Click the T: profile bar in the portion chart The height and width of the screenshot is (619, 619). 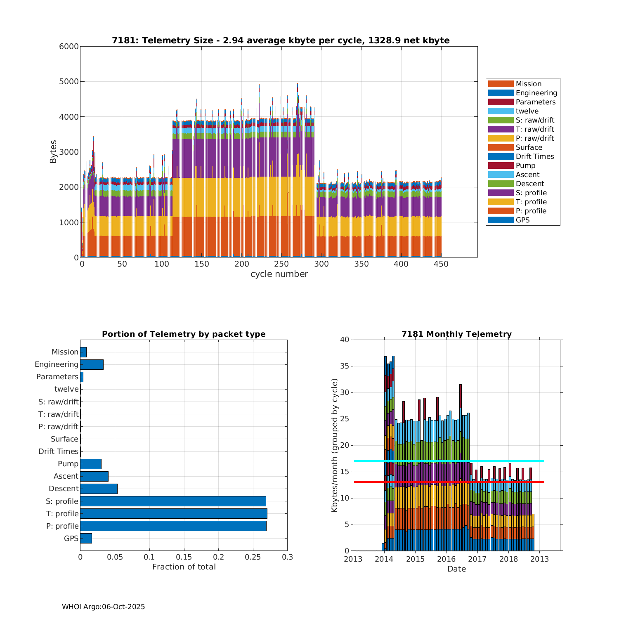click(x=173, y=513)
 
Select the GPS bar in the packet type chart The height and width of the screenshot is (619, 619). click(x=86, y=538)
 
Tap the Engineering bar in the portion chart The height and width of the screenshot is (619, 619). click(x=92, y=364)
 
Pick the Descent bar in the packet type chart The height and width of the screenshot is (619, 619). click(x=99, y=489)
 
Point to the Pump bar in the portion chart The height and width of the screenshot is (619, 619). click(x=91, y=464)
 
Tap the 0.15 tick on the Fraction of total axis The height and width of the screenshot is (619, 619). click(x=184, y=557)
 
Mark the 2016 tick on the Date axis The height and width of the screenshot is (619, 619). click(x=446, y=559)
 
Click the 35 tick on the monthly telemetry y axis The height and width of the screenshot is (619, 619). click(x=344, y=366)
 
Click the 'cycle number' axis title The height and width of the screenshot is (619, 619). click(x=279, y=274)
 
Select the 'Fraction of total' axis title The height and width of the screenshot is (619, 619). click(x=184, y=567)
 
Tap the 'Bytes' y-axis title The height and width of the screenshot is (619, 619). click(x=53, y=152)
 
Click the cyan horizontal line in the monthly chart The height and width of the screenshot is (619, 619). click(x=449, y=461)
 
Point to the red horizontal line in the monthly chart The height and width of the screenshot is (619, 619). click(x=449, y=482)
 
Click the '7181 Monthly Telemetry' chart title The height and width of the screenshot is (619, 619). click(x=456, y=334)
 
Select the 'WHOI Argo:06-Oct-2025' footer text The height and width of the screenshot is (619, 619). click(x=103, y=607)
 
